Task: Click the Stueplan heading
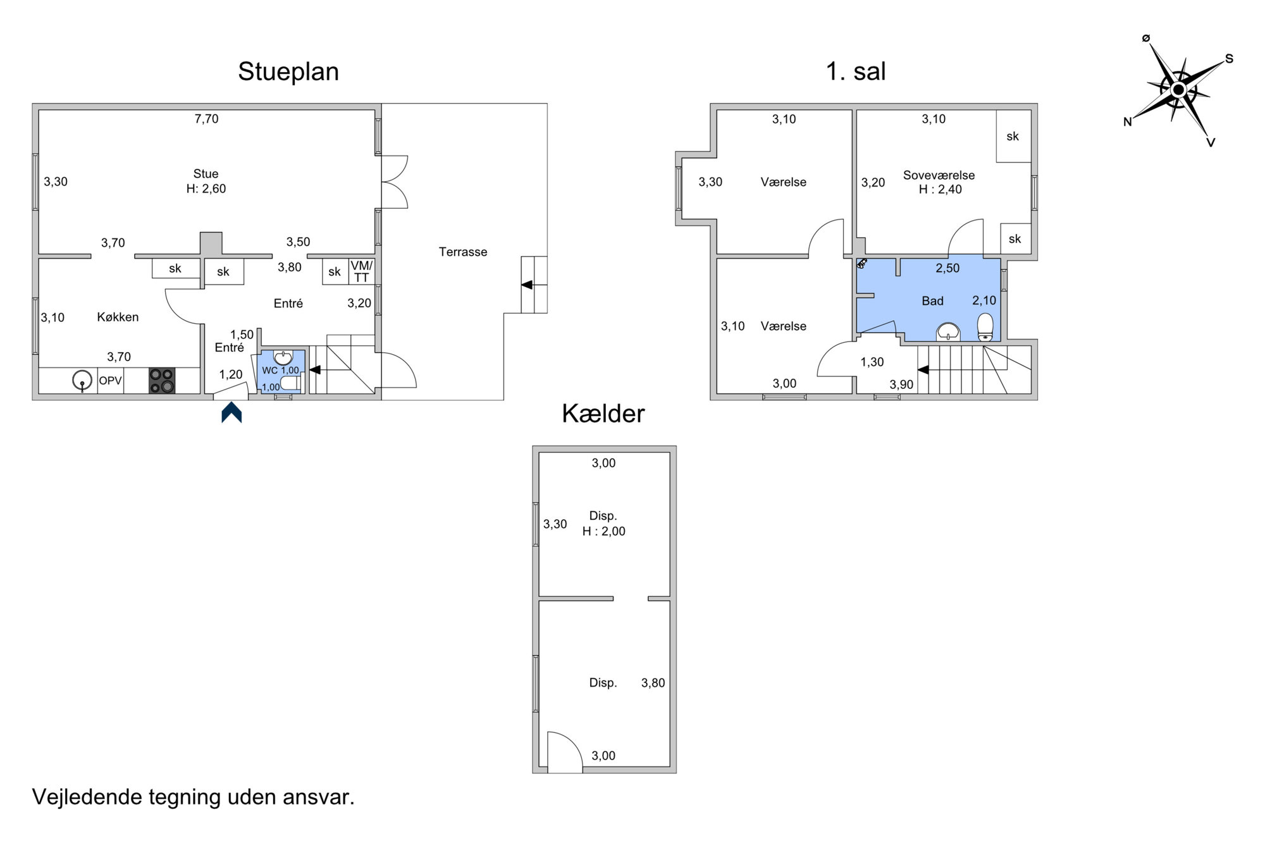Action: pos(288,72)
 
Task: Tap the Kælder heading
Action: pos(603,414)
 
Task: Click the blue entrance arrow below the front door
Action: pos(231,412)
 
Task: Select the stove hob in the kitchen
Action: pos(162,381)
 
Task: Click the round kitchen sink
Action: pos(82,381)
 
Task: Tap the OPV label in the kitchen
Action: pos(110,381)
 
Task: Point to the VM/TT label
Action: pos(362,271)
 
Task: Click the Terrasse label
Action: pos(463,252)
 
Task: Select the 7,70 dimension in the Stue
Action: pos(206,119)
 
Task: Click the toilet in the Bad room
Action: pos(985,328)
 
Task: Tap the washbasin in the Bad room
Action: pos(948,332)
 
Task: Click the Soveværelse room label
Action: pos(939,175)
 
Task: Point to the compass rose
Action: pos(1178,90)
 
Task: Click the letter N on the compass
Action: pos(1127,122)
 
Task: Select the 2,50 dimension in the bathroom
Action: pos(947,268)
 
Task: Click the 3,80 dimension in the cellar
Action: pos(653,683)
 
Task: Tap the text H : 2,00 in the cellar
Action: pos(604,531)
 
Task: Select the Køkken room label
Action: pos(118,317)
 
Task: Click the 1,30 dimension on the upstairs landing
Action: pos(872,362)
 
